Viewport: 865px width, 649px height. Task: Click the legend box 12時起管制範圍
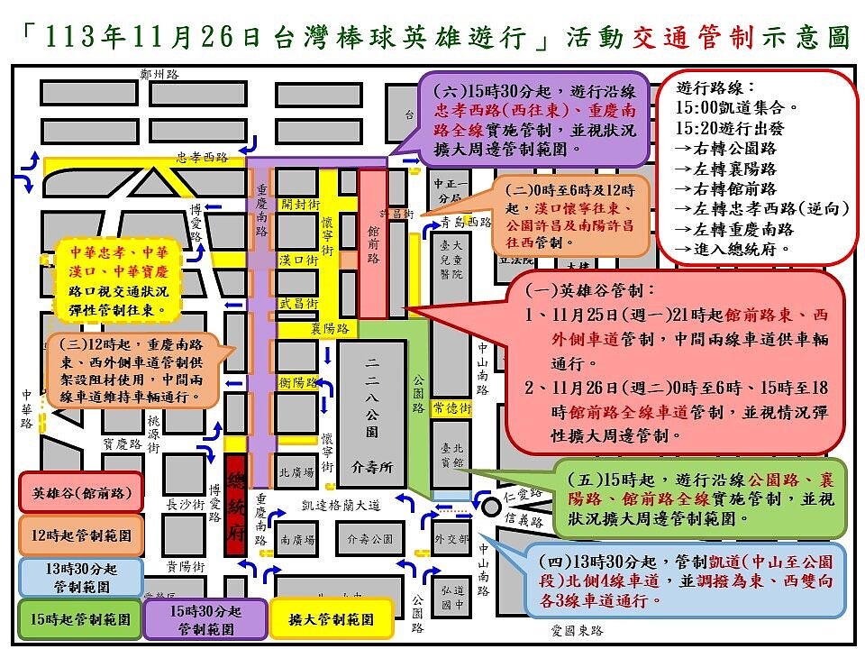coord(81,535)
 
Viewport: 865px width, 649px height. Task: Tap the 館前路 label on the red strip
coord(372,244)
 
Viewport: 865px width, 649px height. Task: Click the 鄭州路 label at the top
coord(159,75)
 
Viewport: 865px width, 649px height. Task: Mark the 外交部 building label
coord(451,540)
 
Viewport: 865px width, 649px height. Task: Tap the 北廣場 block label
coord(296,471)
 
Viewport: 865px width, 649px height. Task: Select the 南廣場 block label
coord(296,540)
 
